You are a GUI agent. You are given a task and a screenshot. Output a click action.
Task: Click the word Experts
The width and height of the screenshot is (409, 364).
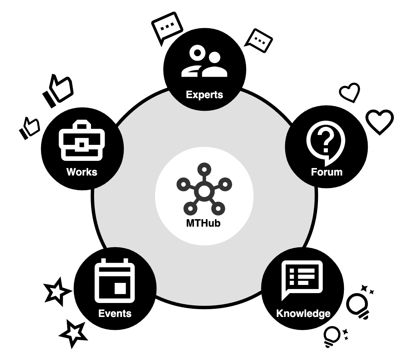204,94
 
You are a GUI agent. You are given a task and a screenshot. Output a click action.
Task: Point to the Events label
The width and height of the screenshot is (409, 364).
115,313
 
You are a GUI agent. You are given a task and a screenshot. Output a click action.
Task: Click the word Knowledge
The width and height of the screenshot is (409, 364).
303,313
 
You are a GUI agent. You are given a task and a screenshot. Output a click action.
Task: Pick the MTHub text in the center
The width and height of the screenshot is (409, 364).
203,223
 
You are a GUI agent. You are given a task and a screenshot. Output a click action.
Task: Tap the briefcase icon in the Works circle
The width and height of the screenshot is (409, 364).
82,140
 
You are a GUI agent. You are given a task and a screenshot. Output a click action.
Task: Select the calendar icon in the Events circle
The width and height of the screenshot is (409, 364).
115,281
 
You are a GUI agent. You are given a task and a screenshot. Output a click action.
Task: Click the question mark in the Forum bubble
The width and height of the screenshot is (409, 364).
326,140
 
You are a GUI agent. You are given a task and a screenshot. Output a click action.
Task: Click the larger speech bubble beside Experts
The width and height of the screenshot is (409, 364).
167,27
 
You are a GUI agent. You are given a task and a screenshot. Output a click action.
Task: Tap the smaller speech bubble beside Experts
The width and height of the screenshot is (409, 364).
259,41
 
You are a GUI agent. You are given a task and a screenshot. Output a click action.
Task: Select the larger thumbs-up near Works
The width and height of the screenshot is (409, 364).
58,90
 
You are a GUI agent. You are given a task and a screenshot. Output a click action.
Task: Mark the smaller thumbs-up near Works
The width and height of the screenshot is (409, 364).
29,128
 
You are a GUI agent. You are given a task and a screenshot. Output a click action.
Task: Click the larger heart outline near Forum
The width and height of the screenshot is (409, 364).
380,121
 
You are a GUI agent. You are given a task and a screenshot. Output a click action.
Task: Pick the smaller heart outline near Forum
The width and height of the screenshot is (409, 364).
350,92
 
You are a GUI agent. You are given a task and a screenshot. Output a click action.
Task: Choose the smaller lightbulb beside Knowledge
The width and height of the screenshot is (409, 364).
332,336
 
